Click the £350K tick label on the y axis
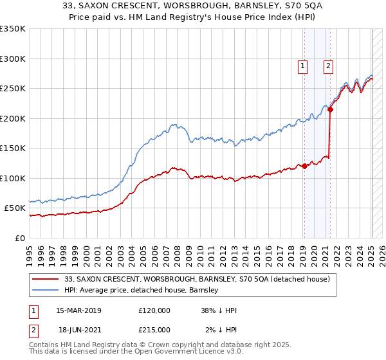[13, 29]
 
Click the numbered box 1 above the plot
[302, 65]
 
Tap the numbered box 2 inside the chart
[328, 65]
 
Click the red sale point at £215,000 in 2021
[330, 110]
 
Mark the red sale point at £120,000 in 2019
[304, 166]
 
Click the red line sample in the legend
[46, 279]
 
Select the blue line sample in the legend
[46, 290]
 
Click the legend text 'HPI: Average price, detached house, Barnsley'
[142, 290]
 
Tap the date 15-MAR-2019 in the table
[78, 310]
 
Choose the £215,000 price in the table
[154, 330]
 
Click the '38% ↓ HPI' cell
[219, 310]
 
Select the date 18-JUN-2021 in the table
[78, 330]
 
